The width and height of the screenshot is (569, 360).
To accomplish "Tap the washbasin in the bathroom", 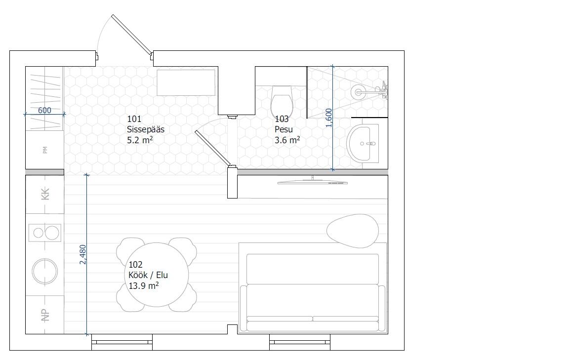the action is (363, 143).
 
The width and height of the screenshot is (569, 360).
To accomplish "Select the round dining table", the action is (157, 275).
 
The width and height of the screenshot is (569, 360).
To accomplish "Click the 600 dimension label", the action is (44, 110).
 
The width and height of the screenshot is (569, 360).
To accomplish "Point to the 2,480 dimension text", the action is (83, 254).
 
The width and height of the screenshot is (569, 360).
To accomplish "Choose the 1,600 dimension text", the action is (329, 118).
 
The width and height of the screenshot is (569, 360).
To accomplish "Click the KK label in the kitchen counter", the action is (45, 194).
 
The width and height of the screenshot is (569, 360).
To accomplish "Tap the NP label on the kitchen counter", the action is (45, 315).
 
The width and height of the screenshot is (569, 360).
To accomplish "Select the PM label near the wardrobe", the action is (45, 150).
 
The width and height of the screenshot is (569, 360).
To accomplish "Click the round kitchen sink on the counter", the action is (45, 272).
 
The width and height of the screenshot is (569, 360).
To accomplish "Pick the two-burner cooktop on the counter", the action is (45, 233).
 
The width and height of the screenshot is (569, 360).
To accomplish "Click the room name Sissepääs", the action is (146, 129).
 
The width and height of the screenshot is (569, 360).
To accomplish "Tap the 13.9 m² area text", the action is (144, 285).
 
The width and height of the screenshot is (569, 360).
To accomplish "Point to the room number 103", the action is (282, 119).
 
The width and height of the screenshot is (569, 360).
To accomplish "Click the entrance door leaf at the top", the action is (132, 35).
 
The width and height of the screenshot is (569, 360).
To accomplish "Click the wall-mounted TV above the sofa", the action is (313, 182).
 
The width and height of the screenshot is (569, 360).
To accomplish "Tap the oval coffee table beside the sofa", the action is (353, 231).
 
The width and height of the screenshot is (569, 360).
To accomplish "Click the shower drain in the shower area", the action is (358, 92).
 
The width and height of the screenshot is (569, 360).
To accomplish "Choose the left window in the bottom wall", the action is (122, 342).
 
